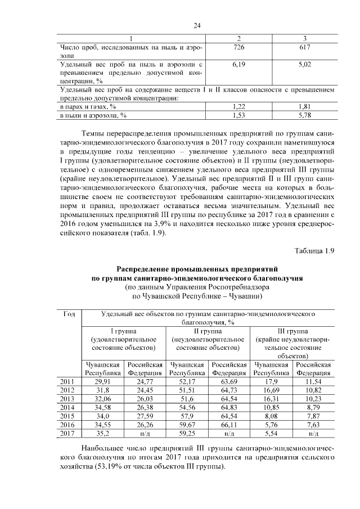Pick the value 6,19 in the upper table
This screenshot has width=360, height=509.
[240, 65]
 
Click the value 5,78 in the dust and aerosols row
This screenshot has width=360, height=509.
[304, 115]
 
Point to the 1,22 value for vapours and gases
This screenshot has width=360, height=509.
[240, 106]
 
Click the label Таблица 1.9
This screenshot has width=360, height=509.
[314, 250]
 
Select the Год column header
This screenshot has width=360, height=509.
[70, 314]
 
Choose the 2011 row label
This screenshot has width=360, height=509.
[68, 382]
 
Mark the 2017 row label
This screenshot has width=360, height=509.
[68, 435]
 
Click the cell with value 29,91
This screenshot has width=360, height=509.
[102, 382]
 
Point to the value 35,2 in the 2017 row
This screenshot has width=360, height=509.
[102, 435]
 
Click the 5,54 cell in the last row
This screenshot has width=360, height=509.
[271, 435]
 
